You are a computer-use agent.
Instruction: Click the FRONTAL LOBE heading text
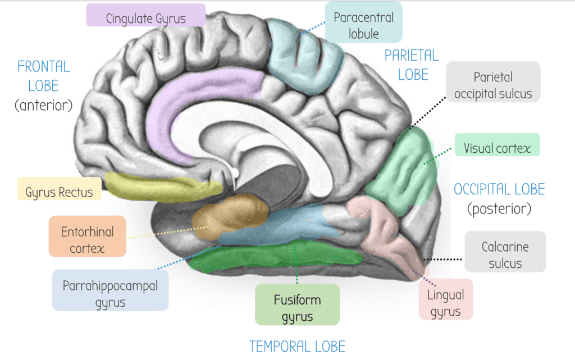[x=43, y=76]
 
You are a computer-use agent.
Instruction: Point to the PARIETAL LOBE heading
[x=411, y=65]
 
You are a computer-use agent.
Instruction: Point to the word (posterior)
[x=499, y=209]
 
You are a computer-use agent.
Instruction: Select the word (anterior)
[x=43, y=104]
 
